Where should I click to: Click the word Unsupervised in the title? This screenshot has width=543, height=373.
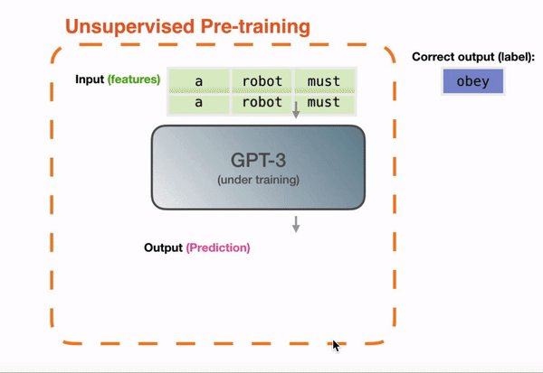(x=129, y=26)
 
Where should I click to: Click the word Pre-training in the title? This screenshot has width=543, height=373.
(x=255, y=26)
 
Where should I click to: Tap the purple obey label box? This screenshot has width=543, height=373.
(x=473, y=81)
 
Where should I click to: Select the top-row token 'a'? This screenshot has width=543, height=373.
(x=199, y=80)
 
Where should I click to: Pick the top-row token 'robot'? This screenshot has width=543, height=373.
(x=262, y=80)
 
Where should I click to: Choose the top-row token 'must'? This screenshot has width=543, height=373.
(x=325, y=80)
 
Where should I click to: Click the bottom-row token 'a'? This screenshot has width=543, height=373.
(x=199, y=103)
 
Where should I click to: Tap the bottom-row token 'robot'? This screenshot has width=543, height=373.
(x=262, y=103)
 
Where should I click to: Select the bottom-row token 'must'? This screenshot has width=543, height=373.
(x=325, y=103)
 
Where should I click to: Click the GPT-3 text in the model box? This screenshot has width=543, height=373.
(x=258, y=161)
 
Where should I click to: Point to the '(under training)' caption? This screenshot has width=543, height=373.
(x=258, y=180)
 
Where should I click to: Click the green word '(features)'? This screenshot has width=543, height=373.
(x=134, y=79)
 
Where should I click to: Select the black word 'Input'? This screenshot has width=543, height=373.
(x=90, y=79)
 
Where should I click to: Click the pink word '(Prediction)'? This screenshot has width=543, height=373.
(x=218, y=247)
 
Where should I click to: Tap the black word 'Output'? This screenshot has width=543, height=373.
(x=163, y=247)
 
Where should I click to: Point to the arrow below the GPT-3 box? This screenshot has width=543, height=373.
(x=296, y=224)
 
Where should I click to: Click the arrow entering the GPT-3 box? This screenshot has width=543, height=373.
(x=296, y=110)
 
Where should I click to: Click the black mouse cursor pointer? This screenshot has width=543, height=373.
(x=336, y=346)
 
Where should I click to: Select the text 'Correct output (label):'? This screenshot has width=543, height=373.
(x=473, y=57)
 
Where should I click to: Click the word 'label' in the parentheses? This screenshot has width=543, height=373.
(x=514, y=57)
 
